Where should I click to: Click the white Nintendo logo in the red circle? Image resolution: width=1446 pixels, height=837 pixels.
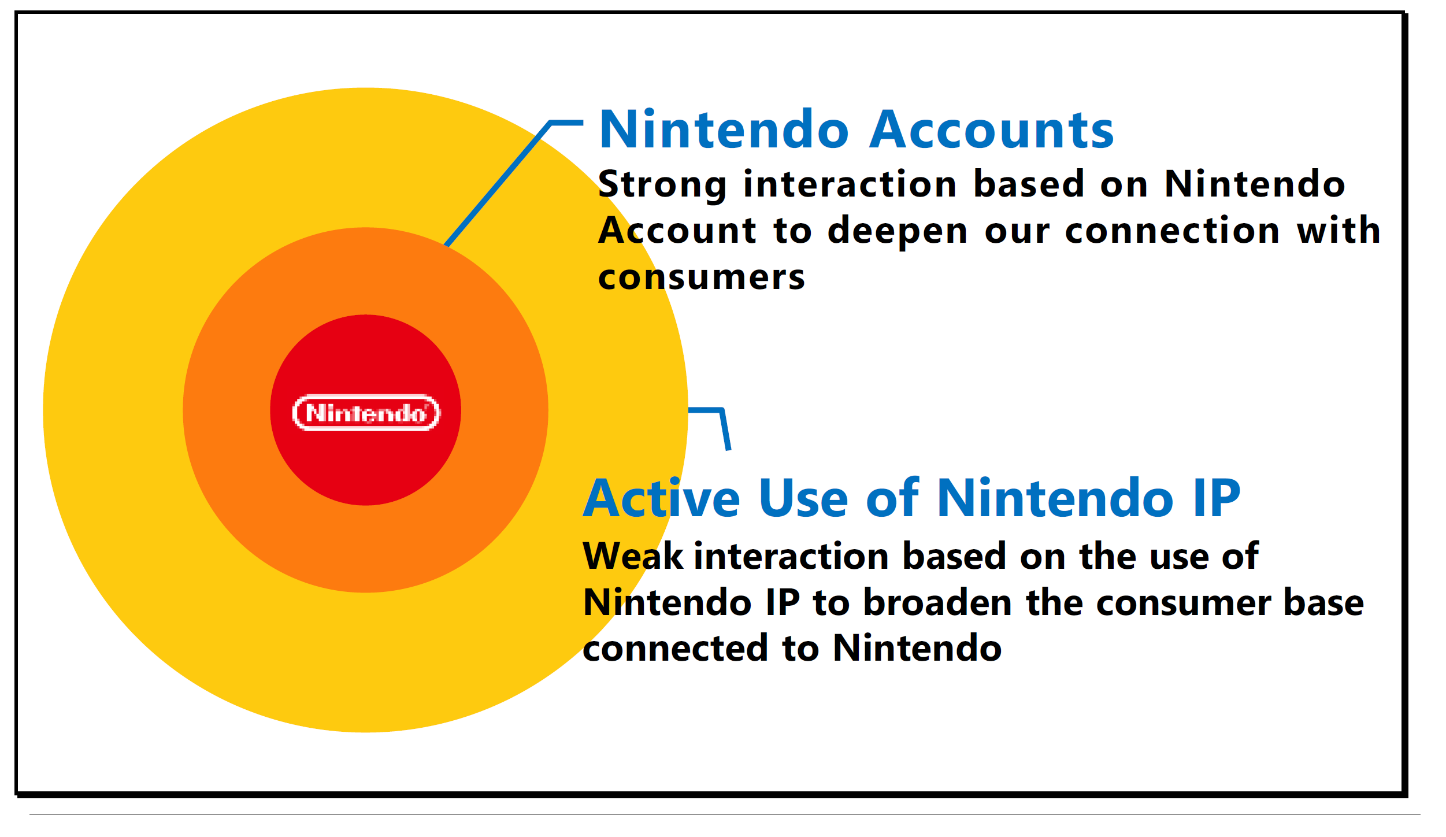(366, 413)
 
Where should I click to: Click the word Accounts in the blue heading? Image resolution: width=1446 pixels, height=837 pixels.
(992, 130)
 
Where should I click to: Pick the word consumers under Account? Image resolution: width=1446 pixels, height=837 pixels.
(701, 278)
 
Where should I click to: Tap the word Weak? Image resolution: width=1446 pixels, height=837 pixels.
(633, 556)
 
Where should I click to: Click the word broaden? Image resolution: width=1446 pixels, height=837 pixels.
(937, 602)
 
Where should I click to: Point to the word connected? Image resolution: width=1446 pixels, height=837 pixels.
(676, 649)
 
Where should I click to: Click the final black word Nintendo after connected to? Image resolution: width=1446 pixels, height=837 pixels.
(917, 649)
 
